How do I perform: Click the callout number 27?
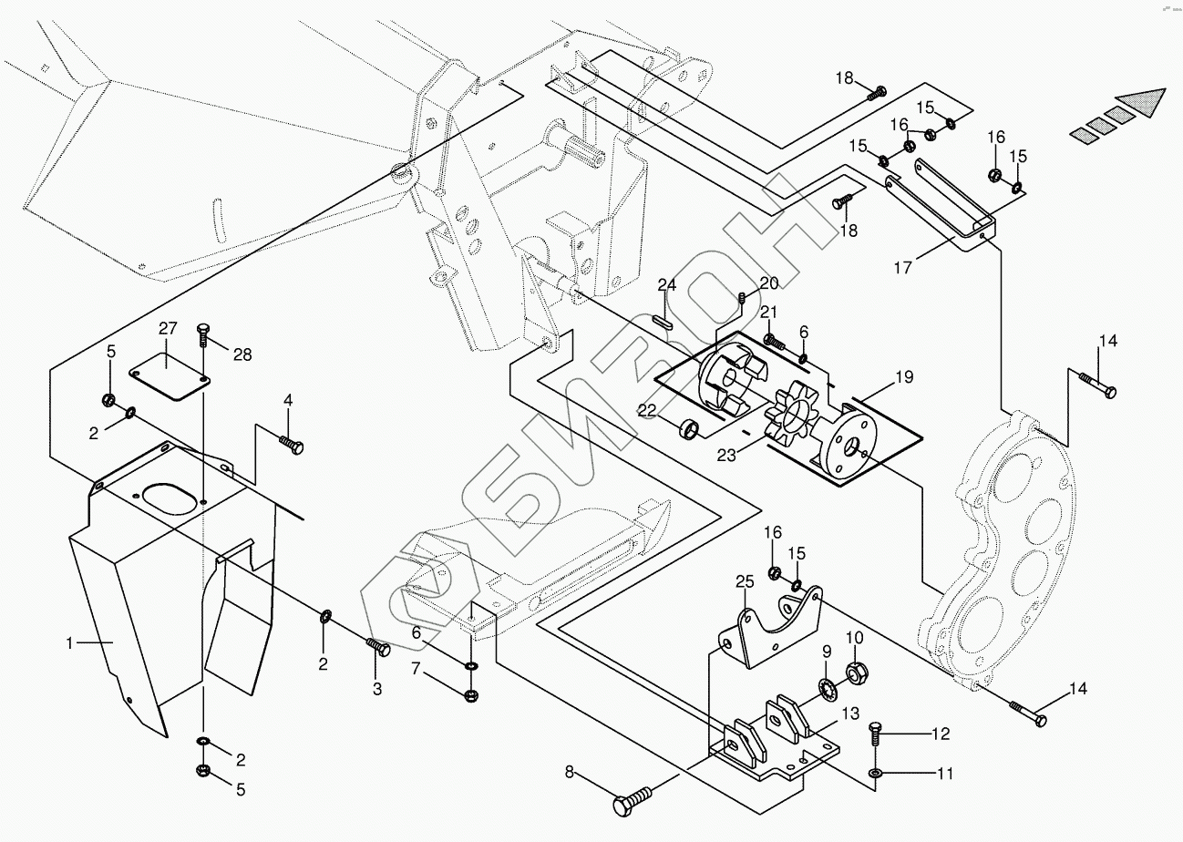point(167,329)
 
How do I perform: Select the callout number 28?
point(242,354)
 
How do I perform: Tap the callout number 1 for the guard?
point(70,642)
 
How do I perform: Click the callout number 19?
point(903,375)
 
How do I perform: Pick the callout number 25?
point(746,581)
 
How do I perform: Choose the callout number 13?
point(849,713)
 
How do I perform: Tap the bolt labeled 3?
point(378,648)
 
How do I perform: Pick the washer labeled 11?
point(875,774)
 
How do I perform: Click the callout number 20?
point(769,282)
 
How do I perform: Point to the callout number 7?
point(417,669)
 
